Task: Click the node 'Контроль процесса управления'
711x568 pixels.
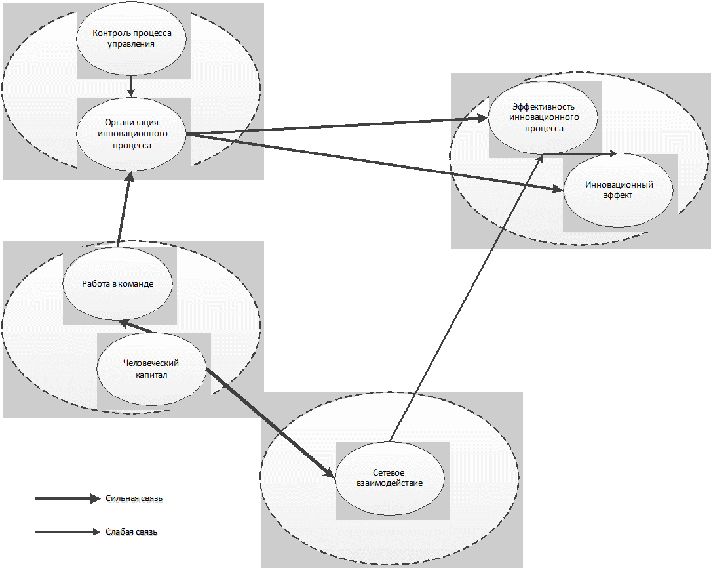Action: click(131, 38)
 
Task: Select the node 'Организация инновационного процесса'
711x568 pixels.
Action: click(131, 134)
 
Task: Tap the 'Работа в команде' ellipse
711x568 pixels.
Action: click(117, 283)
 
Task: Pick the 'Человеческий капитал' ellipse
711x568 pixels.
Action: click(151, 369)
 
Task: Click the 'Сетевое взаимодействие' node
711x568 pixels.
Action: click(389, 478)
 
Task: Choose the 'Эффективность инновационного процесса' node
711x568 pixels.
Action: click(543, 117)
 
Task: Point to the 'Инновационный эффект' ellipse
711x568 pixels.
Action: click(618, 190)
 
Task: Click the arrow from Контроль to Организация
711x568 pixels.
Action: click(131, 86)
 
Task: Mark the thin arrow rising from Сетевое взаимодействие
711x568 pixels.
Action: click(466, 298)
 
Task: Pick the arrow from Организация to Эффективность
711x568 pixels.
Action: click(336, 126)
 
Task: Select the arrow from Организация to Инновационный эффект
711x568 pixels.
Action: click(375, 163)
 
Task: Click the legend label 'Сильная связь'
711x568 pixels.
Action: click(134, 498)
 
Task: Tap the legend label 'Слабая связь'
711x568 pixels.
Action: click(132, 532)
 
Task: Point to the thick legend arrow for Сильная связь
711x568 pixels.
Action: click(67, 498)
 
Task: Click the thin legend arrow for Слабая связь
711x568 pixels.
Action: click(67, 532)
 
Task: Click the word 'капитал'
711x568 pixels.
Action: click(151, 375)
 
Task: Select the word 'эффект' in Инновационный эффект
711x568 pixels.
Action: click(617, 195)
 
